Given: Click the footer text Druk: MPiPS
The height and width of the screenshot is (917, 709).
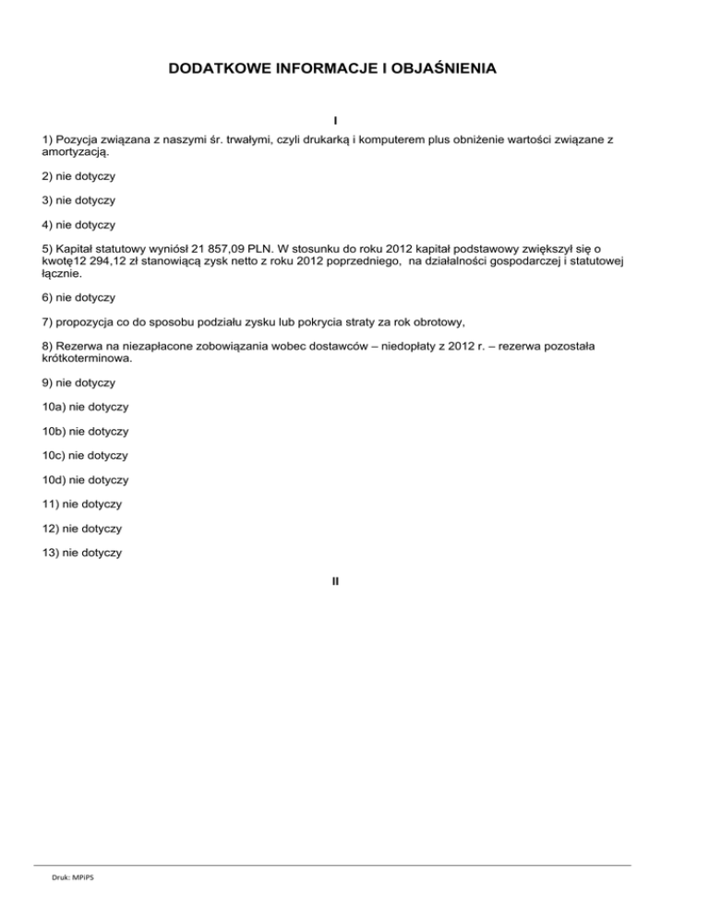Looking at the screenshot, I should pos(73,878).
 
